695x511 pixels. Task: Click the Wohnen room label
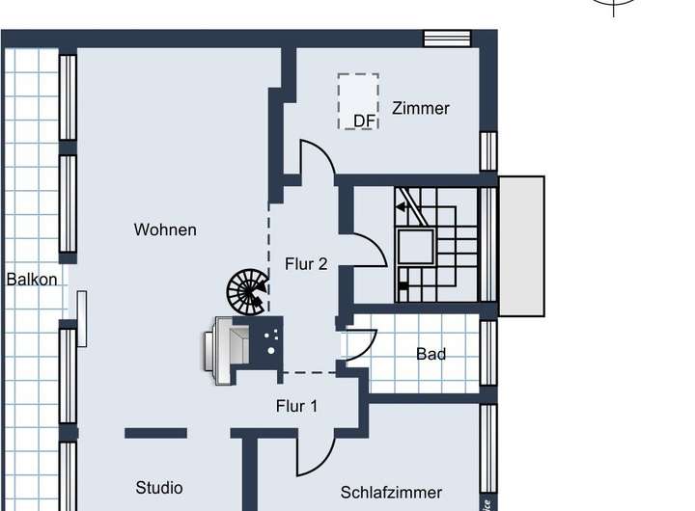[165, 229]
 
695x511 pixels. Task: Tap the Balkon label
[32, 280]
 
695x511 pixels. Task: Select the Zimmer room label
[421, 108]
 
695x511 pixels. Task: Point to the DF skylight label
[364, 121]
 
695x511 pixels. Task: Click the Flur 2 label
[306, 263]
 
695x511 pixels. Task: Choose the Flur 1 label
[296, 406]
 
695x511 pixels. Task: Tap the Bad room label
[431, 354]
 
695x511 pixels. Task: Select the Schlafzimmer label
[391, 492]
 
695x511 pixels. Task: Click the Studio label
[159, 488]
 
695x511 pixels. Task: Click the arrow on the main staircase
[402, 205]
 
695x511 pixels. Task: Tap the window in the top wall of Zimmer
[447, 38]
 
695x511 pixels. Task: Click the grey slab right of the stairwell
[521, 246]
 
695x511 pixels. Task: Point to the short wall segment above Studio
[155, 433]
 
